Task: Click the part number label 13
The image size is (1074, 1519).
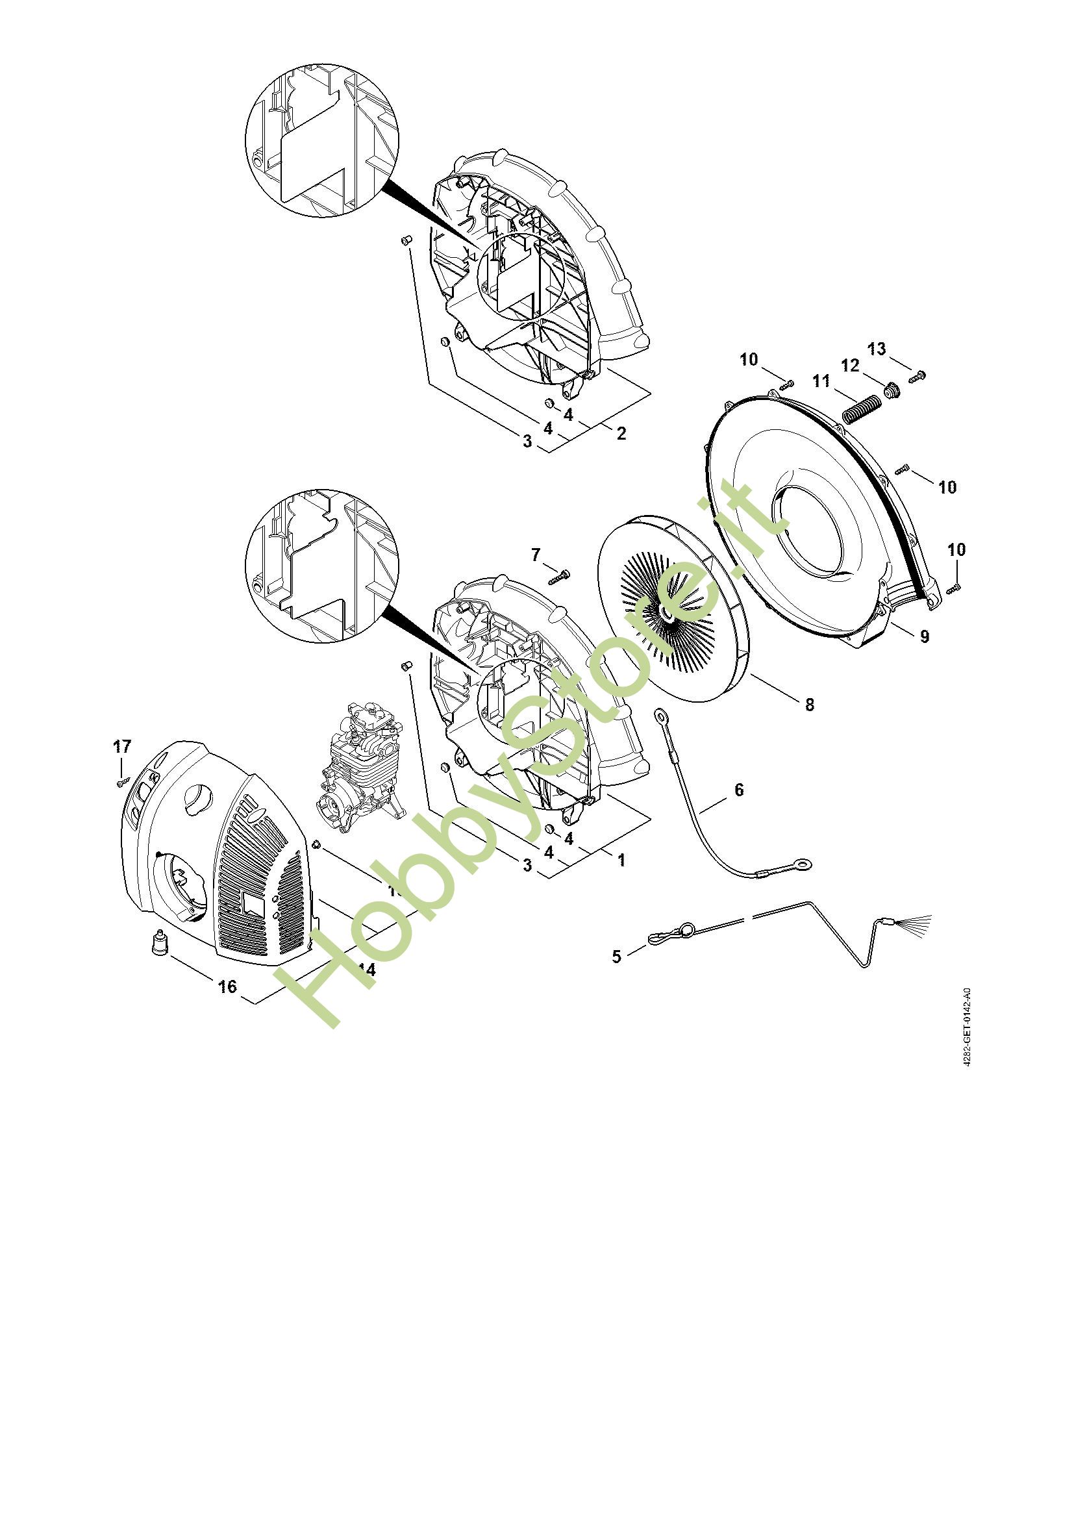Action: [x=876, y=349]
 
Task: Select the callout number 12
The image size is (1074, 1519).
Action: [x=850, y=365]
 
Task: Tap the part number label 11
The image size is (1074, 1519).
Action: [x=821, y=381]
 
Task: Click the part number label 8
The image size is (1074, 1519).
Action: [x=810, y=705]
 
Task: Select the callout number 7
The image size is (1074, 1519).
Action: [x=536, y=555]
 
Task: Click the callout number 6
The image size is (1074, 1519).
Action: [x=739, y=789]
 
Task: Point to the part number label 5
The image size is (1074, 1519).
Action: [x=616, y=957]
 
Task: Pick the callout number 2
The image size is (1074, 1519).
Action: [x=621, y=434]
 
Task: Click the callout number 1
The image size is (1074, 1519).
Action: [x=621, y=860]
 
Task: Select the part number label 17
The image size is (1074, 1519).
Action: [x=122, y=747]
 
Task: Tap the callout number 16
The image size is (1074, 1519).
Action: [x=227, y=986]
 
